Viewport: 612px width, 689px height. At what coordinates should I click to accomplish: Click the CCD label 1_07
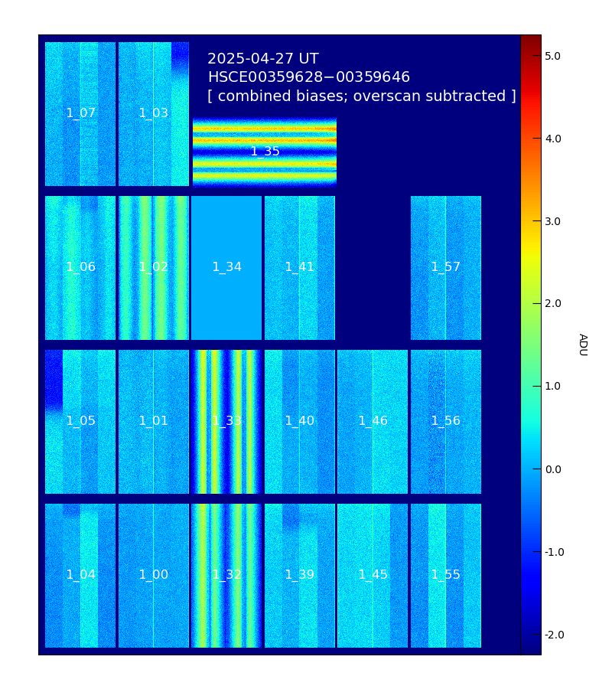point(80,113)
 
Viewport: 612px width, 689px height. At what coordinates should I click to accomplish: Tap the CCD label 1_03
point(153,113)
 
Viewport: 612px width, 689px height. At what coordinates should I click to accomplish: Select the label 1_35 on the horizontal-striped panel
point(265,152)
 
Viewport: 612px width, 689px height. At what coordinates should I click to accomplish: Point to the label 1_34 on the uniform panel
point(226,267)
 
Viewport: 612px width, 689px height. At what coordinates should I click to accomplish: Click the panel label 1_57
point(445,267)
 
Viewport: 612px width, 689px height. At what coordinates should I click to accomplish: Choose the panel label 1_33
point(226,421)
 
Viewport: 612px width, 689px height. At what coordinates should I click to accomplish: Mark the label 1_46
point(373,421)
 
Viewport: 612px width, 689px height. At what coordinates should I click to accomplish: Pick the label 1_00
point(153,575)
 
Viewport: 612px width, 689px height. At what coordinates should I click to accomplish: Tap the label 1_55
point(445,575)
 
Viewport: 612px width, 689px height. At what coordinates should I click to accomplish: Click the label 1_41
point(299,267)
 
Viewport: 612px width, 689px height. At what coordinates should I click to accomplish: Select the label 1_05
point(80,421)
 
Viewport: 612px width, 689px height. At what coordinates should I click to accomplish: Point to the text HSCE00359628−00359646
point(308,77)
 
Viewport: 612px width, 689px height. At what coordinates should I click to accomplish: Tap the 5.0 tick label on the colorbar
point(552,56)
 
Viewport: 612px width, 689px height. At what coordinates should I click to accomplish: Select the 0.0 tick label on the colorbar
point(552,469)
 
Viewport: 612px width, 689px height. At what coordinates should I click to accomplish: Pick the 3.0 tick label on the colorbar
point(552,221)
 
